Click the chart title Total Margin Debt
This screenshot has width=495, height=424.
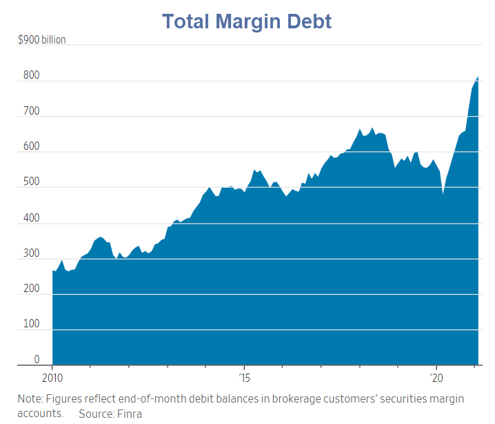point(247,21)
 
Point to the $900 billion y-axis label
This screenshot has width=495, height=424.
point(42,40)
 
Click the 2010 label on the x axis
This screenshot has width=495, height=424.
point(52,378)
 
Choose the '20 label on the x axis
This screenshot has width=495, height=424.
point(436,378)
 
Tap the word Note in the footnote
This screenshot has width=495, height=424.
point(30,399)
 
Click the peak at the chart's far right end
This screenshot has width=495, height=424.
point(478,77)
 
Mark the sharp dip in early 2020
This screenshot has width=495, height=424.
point(443,195)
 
